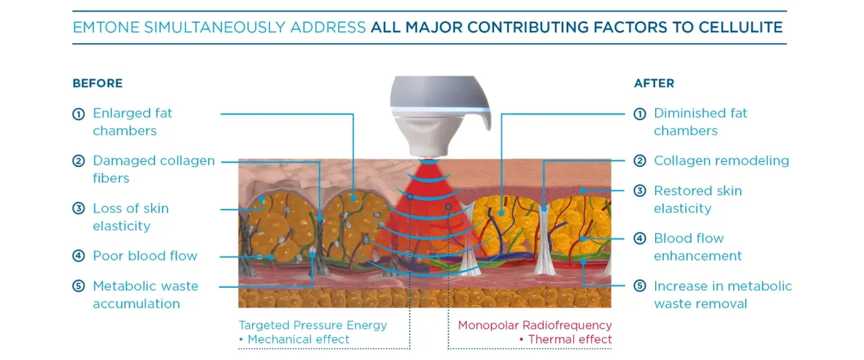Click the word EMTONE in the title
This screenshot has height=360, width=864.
click(107, 28)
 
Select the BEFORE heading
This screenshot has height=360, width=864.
click(97, 84)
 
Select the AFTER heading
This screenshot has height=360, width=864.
click(654, 84)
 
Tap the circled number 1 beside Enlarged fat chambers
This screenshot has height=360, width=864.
click(78, 114)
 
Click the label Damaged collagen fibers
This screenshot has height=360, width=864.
click(153, 169)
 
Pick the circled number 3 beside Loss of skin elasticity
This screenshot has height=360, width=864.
click(78, 209)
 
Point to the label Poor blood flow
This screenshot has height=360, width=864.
click(145, 256)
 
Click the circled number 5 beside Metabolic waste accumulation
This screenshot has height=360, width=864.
click(78, 287)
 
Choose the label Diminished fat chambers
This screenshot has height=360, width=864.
click(700, 122)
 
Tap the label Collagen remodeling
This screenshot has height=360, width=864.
click(721, 161)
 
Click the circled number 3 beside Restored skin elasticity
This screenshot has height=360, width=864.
click(639, 192)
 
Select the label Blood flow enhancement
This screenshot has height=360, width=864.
click(697, 247)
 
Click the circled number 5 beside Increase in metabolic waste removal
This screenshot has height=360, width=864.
click(639, 287)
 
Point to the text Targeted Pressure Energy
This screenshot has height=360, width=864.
click(312, 325)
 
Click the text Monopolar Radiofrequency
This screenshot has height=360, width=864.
click(535, 325)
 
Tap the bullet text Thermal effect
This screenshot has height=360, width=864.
click(570, 339)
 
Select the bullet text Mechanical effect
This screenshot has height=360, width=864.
click(298, 339)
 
